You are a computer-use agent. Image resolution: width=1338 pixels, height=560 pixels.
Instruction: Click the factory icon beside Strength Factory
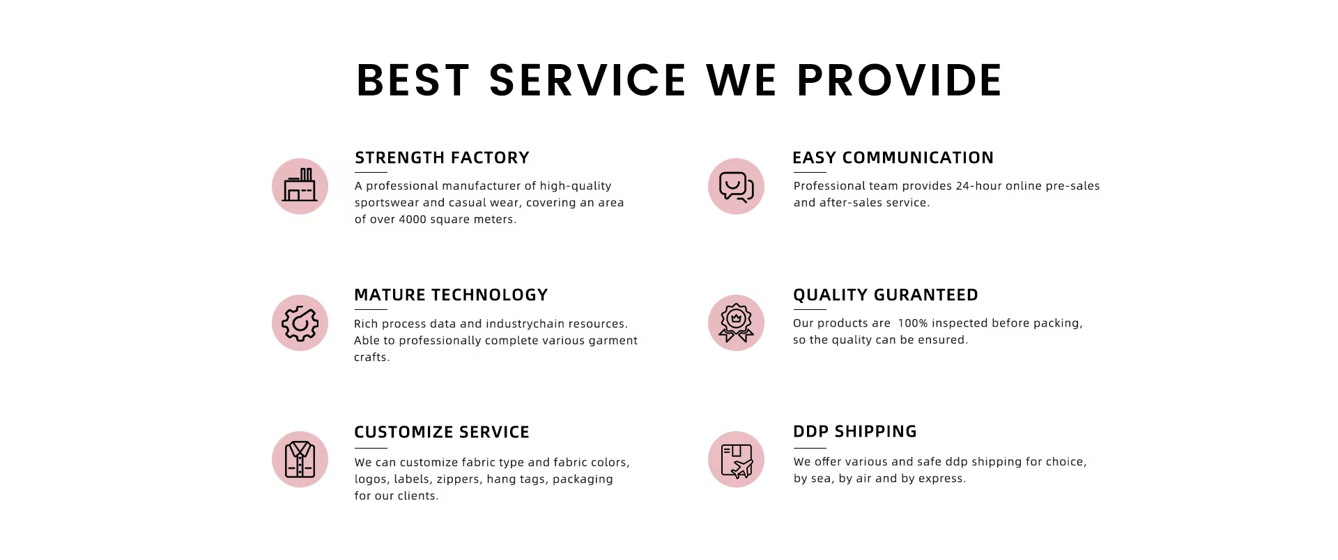(300, 186)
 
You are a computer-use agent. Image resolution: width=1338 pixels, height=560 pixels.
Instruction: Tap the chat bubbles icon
(736, 186)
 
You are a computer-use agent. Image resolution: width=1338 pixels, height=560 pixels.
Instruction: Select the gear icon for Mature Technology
(300, 322)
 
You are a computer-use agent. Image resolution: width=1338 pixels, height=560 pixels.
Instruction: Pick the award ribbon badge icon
(736, 322)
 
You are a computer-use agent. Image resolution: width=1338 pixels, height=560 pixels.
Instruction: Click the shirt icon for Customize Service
(300, 459)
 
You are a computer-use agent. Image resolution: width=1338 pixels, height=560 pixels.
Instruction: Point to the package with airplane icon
(736, 459)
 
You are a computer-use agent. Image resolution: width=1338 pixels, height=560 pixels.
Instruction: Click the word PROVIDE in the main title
(899, 80)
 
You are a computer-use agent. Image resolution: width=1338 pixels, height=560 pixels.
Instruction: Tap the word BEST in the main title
(413, 80)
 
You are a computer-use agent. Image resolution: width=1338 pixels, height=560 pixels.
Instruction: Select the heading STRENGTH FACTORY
(442, 158)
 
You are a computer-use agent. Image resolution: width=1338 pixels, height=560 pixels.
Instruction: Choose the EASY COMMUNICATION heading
(893, 158)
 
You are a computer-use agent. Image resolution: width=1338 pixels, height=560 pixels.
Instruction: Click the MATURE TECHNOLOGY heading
(451, 295)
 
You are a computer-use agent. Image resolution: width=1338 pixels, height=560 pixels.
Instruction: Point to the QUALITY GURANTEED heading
(885, 295)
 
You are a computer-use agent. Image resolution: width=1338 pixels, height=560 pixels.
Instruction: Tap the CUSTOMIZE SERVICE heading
(442, 433)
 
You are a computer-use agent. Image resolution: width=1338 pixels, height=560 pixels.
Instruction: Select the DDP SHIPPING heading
(854, 432)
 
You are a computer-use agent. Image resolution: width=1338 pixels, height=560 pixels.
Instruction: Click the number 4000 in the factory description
(413, 219)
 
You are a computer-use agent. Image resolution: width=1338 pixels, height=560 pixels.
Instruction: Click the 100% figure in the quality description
(913, 323)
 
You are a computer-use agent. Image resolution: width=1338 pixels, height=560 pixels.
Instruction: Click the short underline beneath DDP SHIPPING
(810, 448)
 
